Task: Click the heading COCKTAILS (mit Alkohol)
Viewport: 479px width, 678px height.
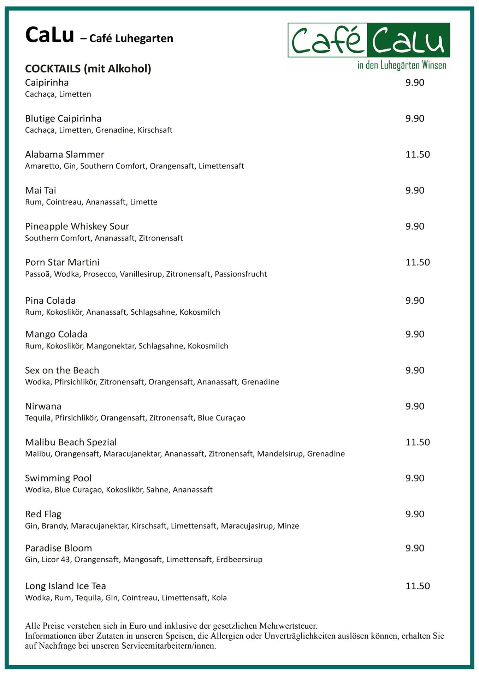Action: (88, 69)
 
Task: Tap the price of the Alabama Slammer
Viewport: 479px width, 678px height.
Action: (418, 154)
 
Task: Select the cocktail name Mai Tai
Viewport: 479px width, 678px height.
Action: (41, 191)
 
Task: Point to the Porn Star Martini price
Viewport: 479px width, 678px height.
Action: (418, 262)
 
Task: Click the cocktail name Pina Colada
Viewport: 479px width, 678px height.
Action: (50, 301)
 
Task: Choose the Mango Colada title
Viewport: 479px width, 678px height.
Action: (56, 334)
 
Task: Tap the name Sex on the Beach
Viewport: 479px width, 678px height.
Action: (62, 370)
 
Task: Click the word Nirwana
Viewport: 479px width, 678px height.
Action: (43, 406)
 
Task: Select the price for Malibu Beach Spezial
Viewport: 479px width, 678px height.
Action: (418, 442)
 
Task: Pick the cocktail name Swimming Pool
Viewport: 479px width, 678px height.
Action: (58, 478)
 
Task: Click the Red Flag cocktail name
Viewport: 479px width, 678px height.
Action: (43, 514)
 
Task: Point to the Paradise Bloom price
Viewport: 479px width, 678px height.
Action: (415, 548)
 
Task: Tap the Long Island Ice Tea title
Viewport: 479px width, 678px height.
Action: (65, 586)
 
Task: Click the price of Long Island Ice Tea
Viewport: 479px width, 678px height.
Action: (418, 586)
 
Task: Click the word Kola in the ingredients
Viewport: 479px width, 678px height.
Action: (219, 598)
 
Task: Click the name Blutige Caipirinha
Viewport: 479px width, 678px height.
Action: (63, 119)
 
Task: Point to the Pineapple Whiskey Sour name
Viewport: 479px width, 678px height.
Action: (77, 226)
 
